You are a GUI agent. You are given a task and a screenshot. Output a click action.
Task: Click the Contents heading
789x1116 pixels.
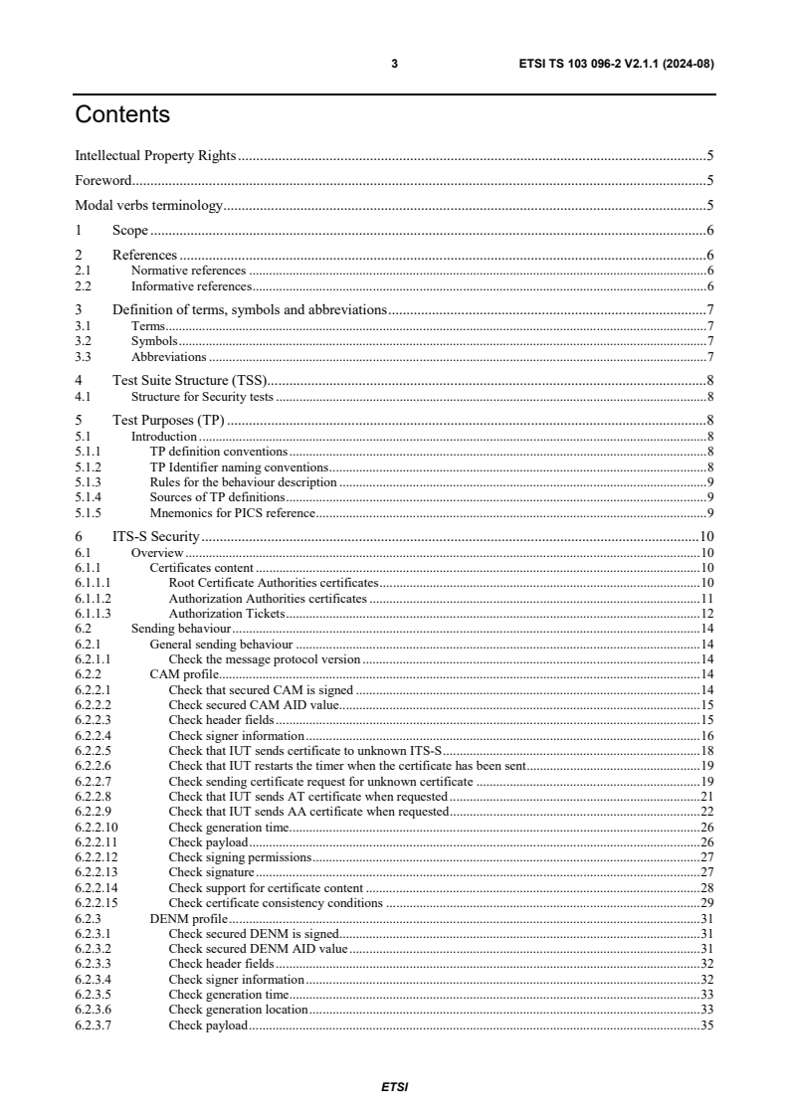[122, 115]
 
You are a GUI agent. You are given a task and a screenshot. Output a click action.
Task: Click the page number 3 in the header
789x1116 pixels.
[394, 64]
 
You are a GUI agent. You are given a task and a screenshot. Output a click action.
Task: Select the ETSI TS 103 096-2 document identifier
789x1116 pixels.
[611, 64]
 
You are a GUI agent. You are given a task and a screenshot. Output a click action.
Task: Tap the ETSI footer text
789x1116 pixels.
[394, 1087]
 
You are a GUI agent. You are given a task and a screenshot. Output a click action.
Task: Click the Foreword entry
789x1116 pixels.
[103, 181]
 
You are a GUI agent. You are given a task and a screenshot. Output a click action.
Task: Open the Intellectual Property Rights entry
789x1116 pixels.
[155, 156]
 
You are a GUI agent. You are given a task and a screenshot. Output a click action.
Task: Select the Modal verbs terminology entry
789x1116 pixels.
[148, 206]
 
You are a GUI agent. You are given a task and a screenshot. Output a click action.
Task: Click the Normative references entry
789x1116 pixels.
[188, 271]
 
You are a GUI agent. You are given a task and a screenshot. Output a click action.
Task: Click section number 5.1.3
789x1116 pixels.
[88, 482]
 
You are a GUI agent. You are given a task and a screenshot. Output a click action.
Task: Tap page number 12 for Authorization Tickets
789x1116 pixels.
[706, 615]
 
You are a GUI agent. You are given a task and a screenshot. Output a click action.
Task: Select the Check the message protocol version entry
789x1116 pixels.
[264, 659]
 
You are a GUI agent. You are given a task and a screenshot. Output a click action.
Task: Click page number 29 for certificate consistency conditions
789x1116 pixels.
[706, 903]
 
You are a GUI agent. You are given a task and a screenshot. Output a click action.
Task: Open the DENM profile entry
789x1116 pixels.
[188, 919]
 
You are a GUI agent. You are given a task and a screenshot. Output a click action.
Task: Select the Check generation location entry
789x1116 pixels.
[238, 1011]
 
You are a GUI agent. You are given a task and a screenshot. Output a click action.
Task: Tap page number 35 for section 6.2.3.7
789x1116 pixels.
[706, 1025]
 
